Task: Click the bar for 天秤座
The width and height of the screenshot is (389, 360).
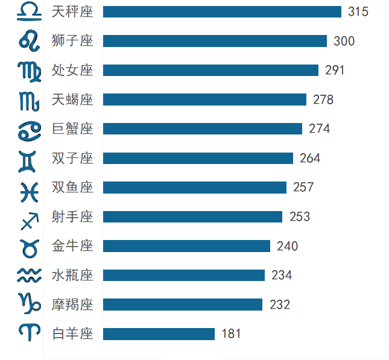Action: click(x=222, y=12)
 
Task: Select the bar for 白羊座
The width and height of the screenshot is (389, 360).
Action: click(x=159, y=333)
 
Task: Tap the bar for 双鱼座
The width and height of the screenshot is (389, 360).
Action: click(x=194, y=188)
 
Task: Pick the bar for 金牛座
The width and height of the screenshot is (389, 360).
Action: click(x=186, y=246)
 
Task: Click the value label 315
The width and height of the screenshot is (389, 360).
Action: click(x=358, y=12)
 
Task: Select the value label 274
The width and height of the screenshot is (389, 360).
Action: click(x=319, y=129)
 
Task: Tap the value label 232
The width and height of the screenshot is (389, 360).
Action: click(x=280, y=305)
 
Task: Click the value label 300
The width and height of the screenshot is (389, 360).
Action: click(x=344, y=41)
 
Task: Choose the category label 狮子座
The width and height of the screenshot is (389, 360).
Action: click(x=72, y=41)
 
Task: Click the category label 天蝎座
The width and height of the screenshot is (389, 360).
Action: click(x=72, y=99)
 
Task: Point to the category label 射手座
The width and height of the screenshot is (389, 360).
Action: click(x=72, y=216)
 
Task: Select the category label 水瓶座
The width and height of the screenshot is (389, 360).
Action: click(x=72, y=275)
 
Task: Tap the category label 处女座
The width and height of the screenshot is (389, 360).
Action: click(x=72, y=71)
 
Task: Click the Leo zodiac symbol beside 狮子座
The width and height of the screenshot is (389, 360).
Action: click(x=30, y=40)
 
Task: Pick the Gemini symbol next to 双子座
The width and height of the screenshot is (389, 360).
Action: click(x=30, y=158)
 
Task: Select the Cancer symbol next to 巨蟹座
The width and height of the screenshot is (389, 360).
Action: click(x=30, y=129)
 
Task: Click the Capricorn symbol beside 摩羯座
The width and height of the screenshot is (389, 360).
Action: click(x=30, y=304)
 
